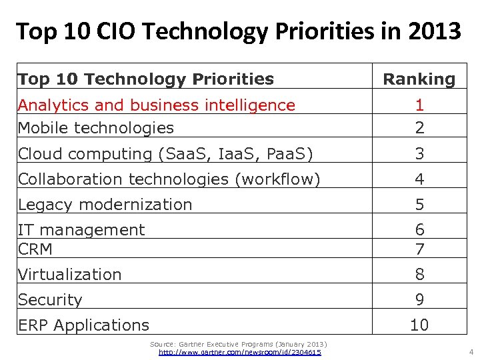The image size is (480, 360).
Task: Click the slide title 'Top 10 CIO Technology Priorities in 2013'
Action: tap(239, 31)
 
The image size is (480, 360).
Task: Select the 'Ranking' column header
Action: tap(419, 79)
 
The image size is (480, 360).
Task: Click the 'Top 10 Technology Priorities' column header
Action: tap(146, 79)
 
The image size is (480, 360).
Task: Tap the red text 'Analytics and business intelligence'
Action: tap(156, 105)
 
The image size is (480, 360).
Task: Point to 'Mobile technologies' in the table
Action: tap(95, 127)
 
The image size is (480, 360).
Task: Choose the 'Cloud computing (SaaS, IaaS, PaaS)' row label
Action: tap(165, 153)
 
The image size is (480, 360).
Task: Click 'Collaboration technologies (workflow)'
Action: tap(169, 179)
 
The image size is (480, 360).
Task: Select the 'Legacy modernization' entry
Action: tap(105, 204)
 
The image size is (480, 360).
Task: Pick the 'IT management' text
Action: tap(81, 229)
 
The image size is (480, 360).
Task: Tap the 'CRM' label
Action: tap(35, 249)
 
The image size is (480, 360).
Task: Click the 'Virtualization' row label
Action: tap(69, 274)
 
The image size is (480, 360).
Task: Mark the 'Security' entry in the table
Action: tap(50, 299)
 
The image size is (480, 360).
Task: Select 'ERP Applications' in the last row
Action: tap(83, 325)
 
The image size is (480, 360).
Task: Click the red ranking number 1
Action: tap(419, 105)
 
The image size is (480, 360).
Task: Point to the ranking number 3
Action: tap(419, 153)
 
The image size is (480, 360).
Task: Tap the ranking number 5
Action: tap(419, 204)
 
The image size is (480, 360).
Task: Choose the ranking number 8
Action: tap(419, 274)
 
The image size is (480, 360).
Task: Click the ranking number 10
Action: tap(419, 325)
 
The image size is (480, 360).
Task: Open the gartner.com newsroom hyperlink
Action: tap(239, 352)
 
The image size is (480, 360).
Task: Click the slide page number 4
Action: tap(471, 351)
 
